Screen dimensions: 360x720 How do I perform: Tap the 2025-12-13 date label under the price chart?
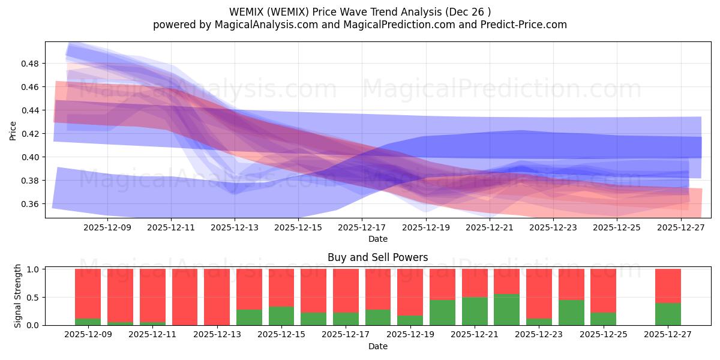235,228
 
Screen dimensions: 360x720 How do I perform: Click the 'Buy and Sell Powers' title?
377,257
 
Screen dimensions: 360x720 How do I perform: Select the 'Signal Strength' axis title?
18,296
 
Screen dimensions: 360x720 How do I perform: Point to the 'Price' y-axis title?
13,130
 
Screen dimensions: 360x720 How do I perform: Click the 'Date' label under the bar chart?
377,346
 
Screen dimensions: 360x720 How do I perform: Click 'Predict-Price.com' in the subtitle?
519,25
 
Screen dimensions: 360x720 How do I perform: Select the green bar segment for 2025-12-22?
507,310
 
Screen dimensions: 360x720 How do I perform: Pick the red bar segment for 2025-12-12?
185,297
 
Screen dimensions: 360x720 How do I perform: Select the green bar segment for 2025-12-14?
249,317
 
